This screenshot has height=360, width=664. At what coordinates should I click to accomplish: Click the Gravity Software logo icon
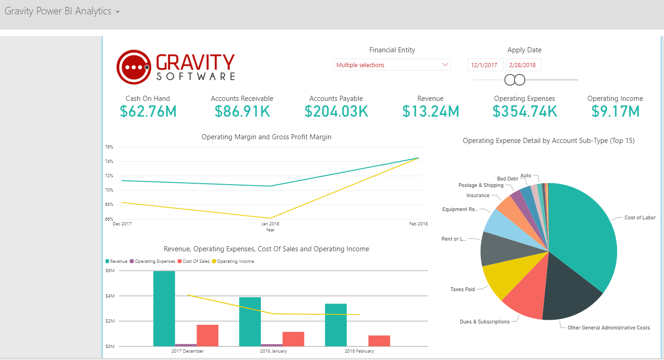click(134, 67)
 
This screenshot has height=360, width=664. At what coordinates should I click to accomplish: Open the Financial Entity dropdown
click(392, 65)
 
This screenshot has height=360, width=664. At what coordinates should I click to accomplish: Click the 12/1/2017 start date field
click(484, 65)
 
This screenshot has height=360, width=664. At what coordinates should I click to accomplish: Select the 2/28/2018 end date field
click(523, 65)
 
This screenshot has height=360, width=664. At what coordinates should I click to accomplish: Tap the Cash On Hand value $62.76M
click(148, 111)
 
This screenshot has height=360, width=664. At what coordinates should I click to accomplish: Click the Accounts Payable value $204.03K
click(336, 111)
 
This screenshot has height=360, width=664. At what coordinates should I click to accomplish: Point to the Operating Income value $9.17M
click(615, 111)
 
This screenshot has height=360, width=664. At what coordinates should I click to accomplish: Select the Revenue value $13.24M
click(430, 111)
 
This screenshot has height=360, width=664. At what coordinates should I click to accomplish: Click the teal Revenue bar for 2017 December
click(164, 308)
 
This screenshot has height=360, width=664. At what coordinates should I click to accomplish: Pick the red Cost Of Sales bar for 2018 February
click(379, 341)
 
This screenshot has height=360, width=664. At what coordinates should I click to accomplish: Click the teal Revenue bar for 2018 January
click(250, 321)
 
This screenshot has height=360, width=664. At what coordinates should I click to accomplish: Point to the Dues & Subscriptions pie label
click(484, 322)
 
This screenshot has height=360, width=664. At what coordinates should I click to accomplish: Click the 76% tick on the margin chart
click(109, 147)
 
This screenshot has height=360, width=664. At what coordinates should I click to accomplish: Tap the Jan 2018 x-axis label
click(270, 224)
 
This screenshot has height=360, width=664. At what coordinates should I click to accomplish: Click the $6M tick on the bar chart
click(110, 271)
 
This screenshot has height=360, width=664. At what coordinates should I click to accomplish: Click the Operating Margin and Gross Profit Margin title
click(266, 137)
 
